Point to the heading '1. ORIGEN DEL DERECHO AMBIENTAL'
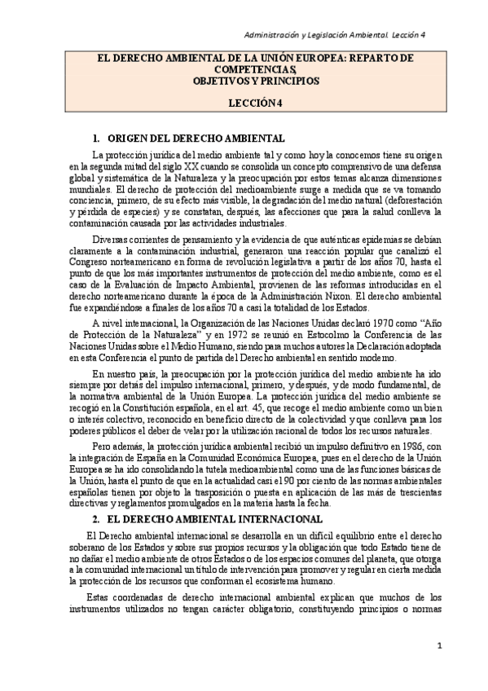pos(189,138)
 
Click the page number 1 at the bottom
pos(437,646)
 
